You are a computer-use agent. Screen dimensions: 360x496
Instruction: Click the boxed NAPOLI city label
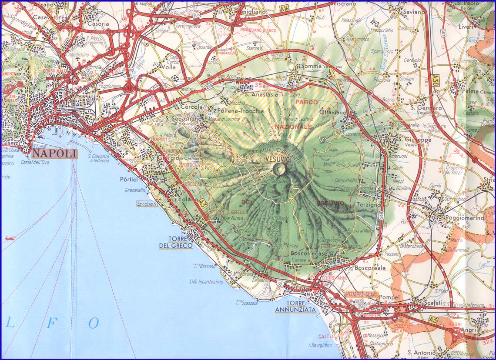click(x=54, y=153)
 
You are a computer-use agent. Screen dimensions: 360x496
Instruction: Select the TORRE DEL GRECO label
click(x=176, y=243)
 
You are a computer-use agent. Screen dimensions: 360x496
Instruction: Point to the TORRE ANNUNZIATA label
click(x=295, y=307)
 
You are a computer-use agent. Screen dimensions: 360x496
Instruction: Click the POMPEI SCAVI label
click(x=362, y=294)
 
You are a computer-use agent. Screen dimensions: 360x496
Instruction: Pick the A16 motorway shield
click(x=285, y=8)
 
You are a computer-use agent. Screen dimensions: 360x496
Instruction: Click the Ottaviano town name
click(x=344, y=112)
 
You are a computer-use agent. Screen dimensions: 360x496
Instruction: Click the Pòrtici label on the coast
click(x=129, y=179)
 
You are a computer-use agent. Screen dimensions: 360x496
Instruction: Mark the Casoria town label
click(x=98, y=24)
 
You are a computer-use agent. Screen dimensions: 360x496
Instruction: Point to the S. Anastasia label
click(x=261, y=94)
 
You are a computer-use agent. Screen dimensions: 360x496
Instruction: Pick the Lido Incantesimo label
click(x=206, y=281)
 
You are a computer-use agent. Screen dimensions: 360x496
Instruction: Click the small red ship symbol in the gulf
click(x=10, y=238)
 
